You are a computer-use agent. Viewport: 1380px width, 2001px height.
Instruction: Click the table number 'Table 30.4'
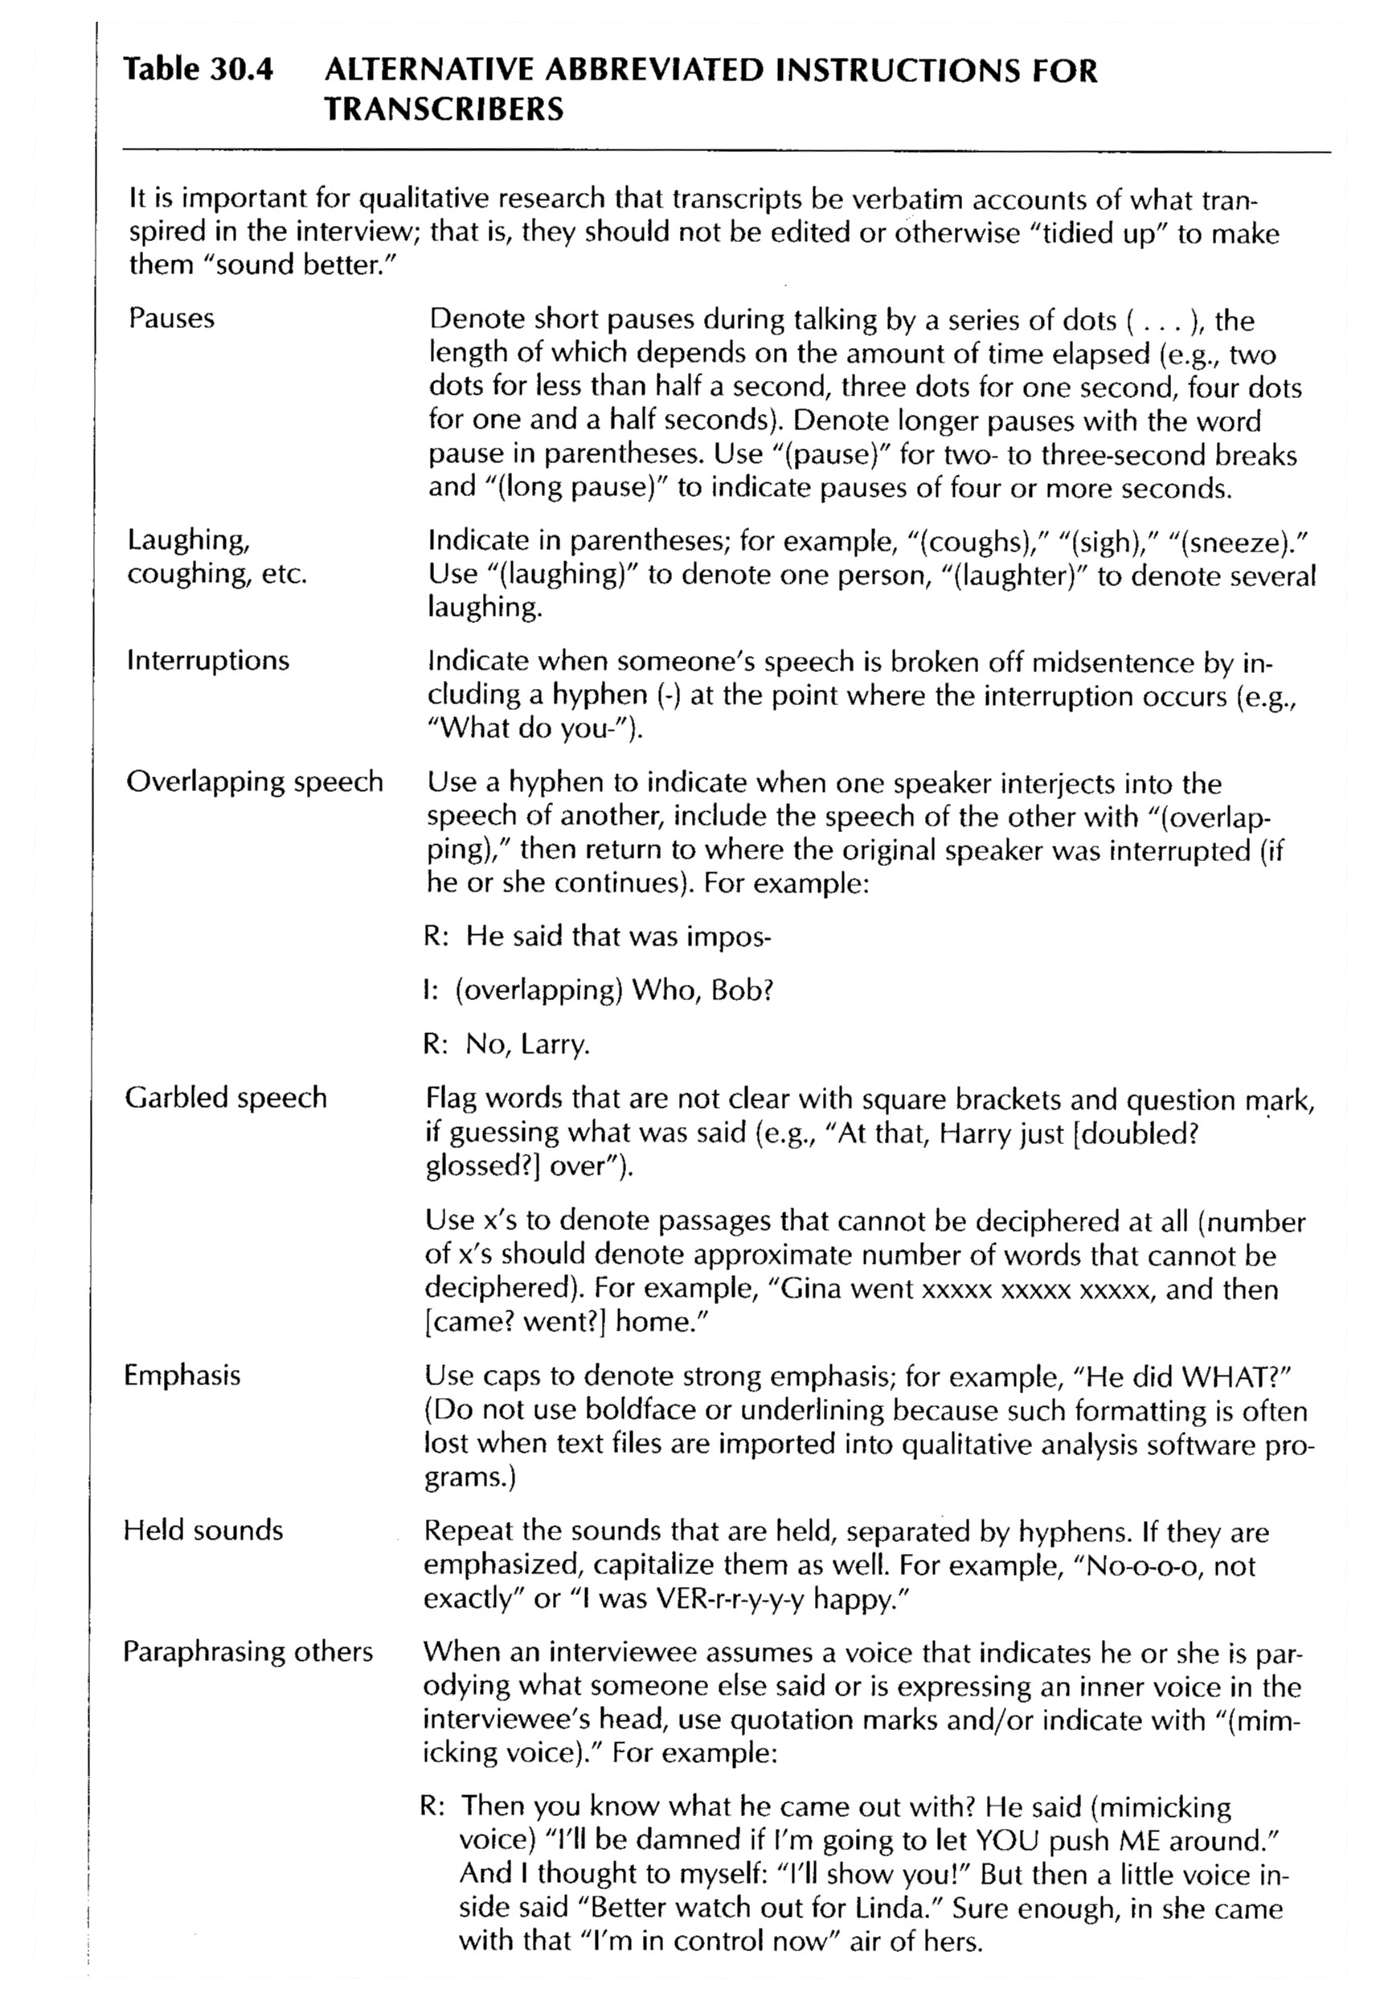(198, 70)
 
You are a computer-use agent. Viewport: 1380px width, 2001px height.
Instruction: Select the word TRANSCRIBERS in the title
(444, 110)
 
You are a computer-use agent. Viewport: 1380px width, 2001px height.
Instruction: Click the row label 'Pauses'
(171, 318)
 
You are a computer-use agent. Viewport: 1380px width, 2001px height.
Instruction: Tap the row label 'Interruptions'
(207, 661)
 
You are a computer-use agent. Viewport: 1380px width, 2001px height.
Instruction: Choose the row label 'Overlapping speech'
(254, 781)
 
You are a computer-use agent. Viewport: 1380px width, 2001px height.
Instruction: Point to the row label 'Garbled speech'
(226, 1097)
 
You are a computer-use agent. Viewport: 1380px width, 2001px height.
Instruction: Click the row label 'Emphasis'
(182, 1375)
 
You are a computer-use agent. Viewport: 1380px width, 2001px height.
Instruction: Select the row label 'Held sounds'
(203, 1530)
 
